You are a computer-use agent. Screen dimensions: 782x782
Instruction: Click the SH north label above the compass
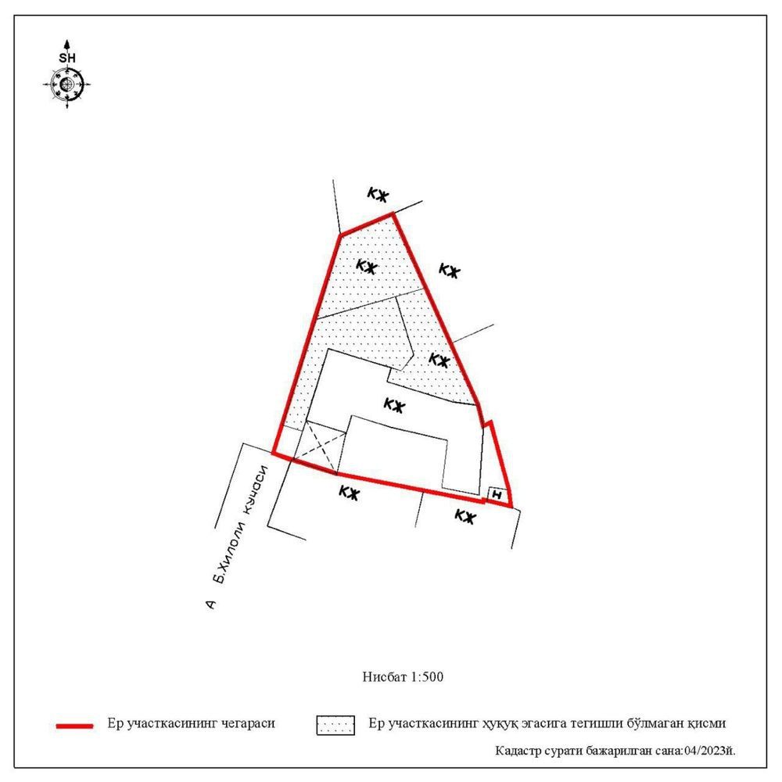67,58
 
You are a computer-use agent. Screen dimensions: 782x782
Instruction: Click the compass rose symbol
66,84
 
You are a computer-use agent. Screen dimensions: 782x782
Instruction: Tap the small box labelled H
497,494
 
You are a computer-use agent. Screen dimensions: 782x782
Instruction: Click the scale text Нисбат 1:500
403,676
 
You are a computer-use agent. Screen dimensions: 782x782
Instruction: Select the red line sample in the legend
75,726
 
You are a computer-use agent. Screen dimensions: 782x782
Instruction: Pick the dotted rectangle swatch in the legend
335,725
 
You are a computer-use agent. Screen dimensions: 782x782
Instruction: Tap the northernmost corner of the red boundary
393,213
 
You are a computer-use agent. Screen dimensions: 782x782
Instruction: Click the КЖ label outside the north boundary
378,194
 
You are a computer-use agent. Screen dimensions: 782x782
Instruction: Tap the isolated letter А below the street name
211,604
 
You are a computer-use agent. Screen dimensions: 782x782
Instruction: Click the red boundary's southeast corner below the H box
511,507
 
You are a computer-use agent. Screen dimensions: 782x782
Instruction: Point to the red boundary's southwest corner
273,453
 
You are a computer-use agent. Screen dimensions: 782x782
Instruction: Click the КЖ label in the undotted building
394,405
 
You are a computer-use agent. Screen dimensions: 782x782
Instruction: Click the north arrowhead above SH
66,45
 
